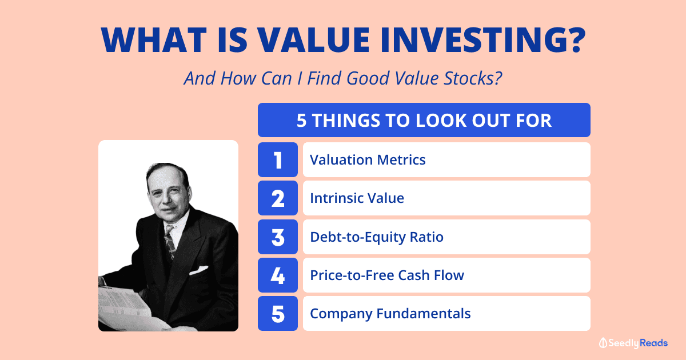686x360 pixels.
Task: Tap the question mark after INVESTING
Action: pos(576,40)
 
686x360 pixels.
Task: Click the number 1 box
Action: pos(278,160)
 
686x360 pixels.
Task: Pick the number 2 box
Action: pos(278,198)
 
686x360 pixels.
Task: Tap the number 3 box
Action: pos(278,237)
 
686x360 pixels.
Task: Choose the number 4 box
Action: pos(278,275)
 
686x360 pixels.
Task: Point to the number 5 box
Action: pos(278,314)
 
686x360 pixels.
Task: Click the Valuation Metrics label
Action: pos(368,160)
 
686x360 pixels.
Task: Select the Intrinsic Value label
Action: pos(357,198)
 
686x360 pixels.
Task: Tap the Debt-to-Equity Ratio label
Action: pos(377,237)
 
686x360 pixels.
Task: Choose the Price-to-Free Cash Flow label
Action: pos(387,275)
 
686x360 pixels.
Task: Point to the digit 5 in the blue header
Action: pos(301,121)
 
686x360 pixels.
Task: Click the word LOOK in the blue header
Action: pos(441,121)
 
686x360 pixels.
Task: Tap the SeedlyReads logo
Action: pos(633,343)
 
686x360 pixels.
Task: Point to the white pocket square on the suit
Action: pos(198,270)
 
